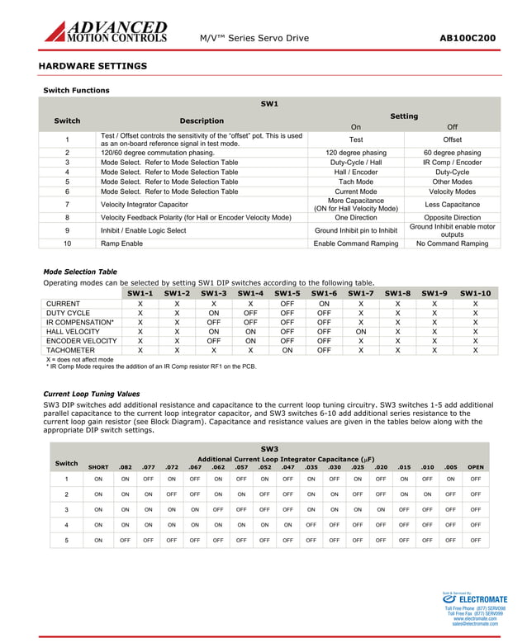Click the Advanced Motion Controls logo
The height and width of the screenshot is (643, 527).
[106, 32]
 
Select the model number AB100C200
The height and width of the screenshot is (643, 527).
[467, 38]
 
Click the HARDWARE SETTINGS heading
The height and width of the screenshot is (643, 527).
[93, 66]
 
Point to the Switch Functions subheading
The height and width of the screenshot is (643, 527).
[76, 90]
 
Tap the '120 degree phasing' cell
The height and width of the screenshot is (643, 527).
[356, 153]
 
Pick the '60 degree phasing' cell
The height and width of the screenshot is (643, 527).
[452, 153]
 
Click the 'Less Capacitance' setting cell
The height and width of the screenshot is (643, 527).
[452, 204]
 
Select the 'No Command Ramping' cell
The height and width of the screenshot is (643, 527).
[452, 243]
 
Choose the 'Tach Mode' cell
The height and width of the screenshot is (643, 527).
[356, 182]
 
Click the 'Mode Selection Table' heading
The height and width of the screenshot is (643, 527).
[80, 272]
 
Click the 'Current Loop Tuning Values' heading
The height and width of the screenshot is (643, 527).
[91, 395]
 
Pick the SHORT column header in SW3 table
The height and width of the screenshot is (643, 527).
[98, 467]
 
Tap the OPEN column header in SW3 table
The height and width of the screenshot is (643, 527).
[476, 467]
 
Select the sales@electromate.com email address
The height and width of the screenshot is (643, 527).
[475, 624]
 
